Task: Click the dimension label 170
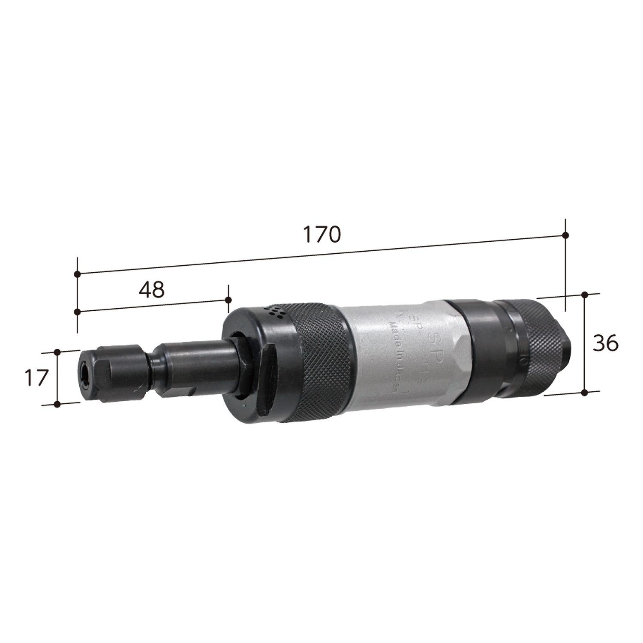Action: pos(322,234)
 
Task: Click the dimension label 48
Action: pos(152,290)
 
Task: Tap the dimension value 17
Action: pos(35,378)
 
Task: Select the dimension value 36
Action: pos(605,343)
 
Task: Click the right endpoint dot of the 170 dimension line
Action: pos(565,235)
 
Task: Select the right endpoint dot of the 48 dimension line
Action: pos(228,300)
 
